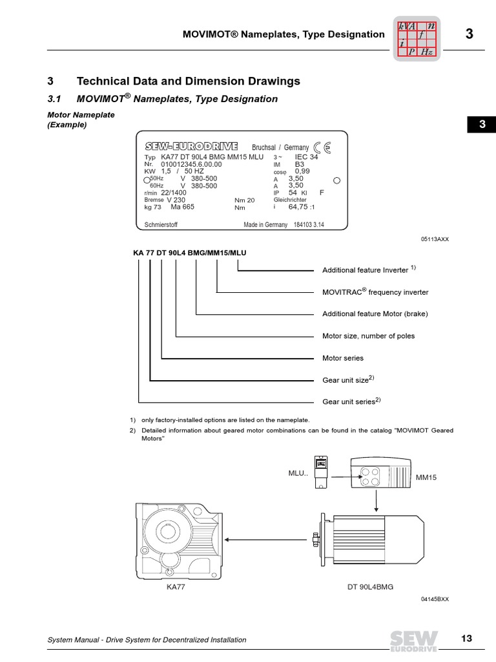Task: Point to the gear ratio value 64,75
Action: pos(301,208)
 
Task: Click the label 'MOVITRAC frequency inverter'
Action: pos(375,292)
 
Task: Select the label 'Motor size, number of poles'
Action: pos(368,336)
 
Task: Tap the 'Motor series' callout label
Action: pos(342,358)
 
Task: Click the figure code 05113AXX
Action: pos(434,239)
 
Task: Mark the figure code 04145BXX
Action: pos(434,599)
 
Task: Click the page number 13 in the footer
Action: pos(467,639)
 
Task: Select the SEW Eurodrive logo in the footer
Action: pos(411,639)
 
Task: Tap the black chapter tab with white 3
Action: pos(481,125)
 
